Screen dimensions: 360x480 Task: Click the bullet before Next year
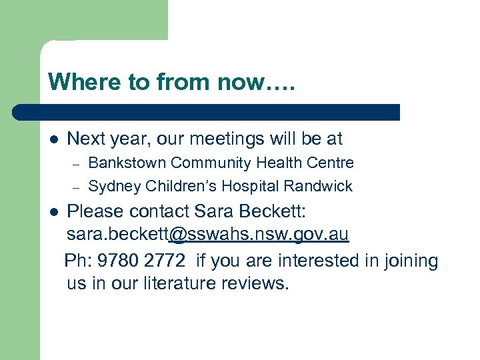[54, 139]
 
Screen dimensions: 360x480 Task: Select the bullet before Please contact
[54, 212]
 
